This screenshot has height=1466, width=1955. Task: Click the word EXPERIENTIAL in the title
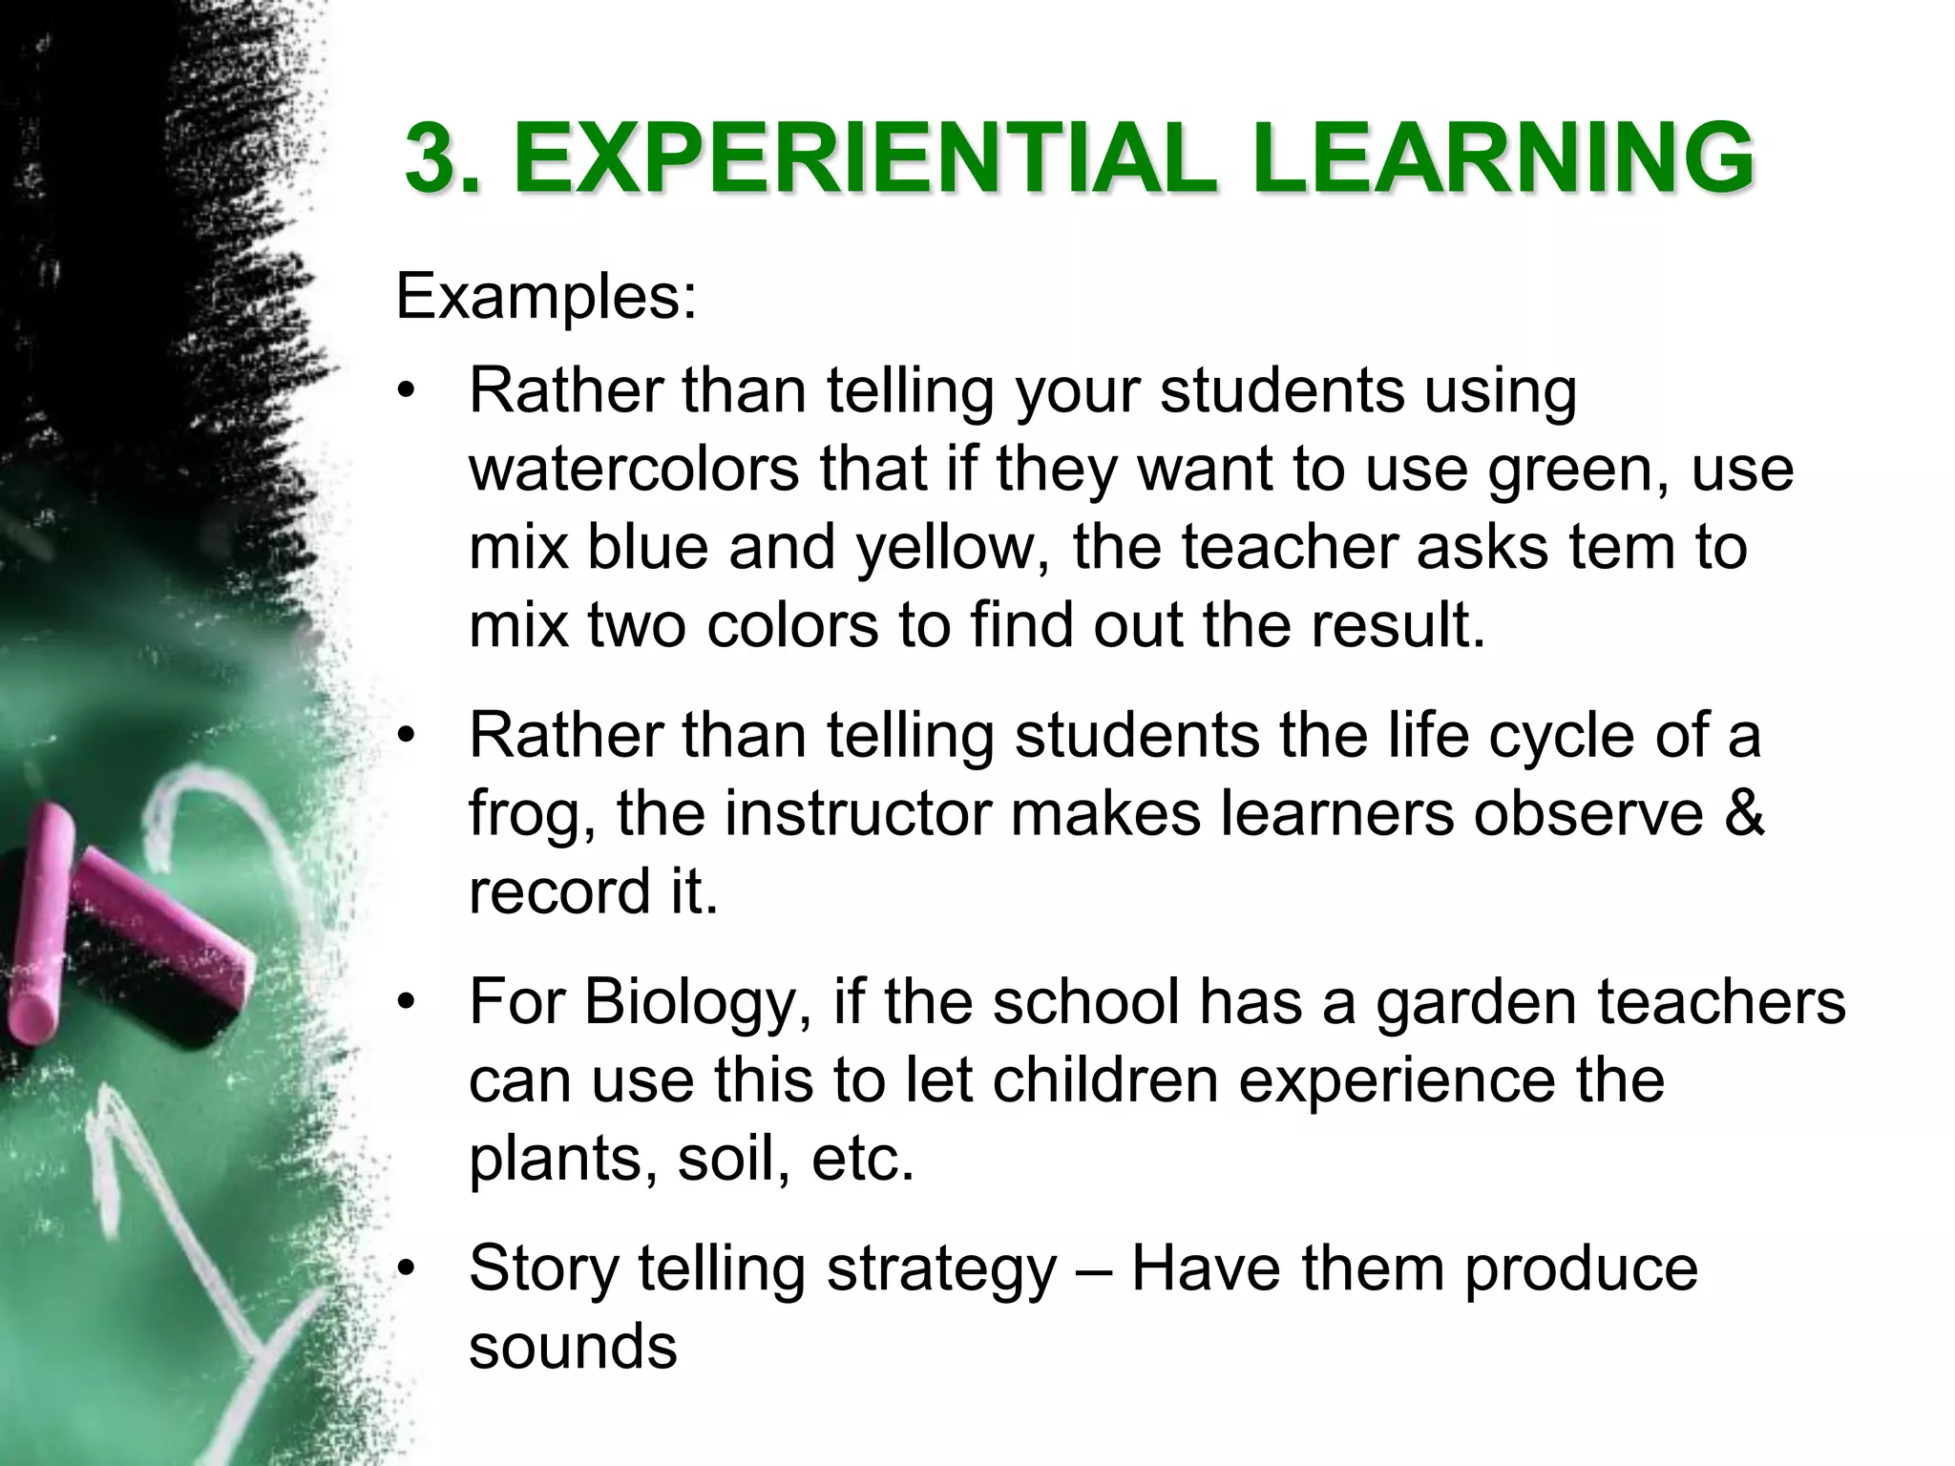pyautogui.click(x=864, y=159)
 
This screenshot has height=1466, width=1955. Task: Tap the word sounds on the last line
pyautogui.click(x=573, y=1347)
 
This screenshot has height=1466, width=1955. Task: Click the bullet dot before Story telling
pyautogui.click(x=409, y=1269)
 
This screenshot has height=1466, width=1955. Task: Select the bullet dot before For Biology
pyautogui.click(x=409, y=1002)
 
